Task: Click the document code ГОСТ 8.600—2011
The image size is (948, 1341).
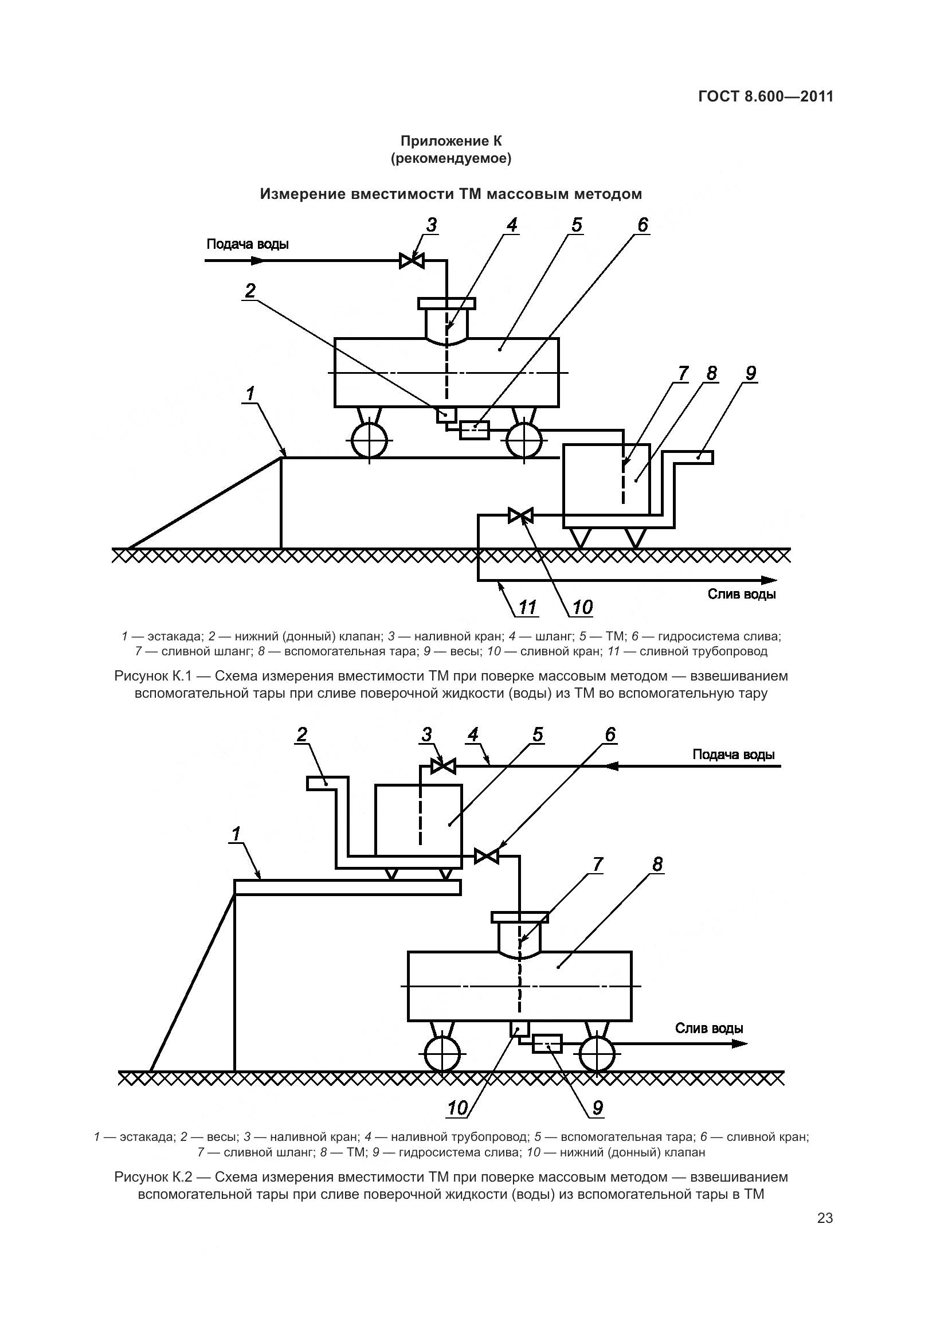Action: tap(765, 97)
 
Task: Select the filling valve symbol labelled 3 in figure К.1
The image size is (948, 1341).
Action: tap(412, 260)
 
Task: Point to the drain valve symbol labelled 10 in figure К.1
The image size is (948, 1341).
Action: tap(520, 516)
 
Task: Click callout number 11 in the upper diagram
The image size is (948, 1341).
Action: tap(527, 608)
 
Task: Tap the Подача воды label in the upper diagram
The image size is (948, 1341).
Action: tap(248, 244)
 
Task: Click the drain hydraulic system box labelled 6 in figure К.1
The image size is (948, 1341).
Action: tap(474, 431)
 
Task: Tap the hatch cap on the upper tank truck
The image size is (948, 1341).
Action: tap(446, 304)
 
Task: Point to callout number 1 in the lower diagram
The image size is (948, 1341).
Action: tap(236, 835)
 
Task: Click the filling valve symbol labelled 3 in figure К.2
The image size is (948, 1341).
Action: tap(443, 766)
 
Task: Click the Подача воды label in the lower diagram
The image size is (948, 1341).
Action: tap(733, 754)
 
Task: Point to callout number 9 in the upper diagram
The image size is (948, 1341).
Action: tap(750, 373)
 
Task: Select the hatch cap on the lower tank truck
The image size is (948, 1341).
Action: tap(519, 917)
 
